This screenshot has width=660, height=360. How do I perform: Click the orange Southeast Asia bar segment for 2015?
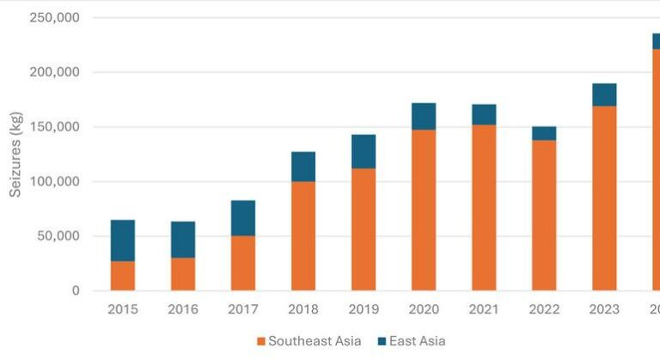122,276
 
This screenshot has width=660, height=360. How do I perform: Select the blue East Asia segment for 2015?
122,241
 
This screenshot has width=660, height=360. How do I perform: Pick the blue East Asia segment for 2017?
242,217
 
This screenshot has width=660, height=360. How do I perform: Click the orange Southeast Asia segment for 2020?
423,210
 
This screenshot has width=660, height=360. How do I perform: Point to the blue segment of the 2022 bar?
543,133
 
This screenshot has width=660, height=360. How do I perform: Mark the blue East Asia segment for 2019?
363,151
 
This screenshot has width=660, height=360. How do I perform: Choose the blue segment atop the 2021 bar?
483,114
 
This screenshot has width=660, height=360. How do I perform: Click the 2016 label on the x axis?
182,309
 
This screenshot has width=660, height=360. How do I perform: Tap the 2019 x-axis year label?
363,309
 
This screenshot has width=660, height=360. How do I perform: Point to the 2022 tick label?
543,309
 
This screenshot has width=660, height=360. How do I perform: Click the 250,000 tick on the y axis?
53,18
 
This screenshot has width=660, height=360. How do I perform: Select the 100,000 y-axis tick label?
53,181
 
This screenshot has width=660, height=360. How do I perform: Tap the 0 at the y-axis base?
75,290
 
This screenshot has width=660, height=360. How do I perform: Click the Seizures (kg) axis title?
15,155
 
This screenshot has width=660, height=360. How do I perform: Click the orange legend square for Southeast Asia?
260,341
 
